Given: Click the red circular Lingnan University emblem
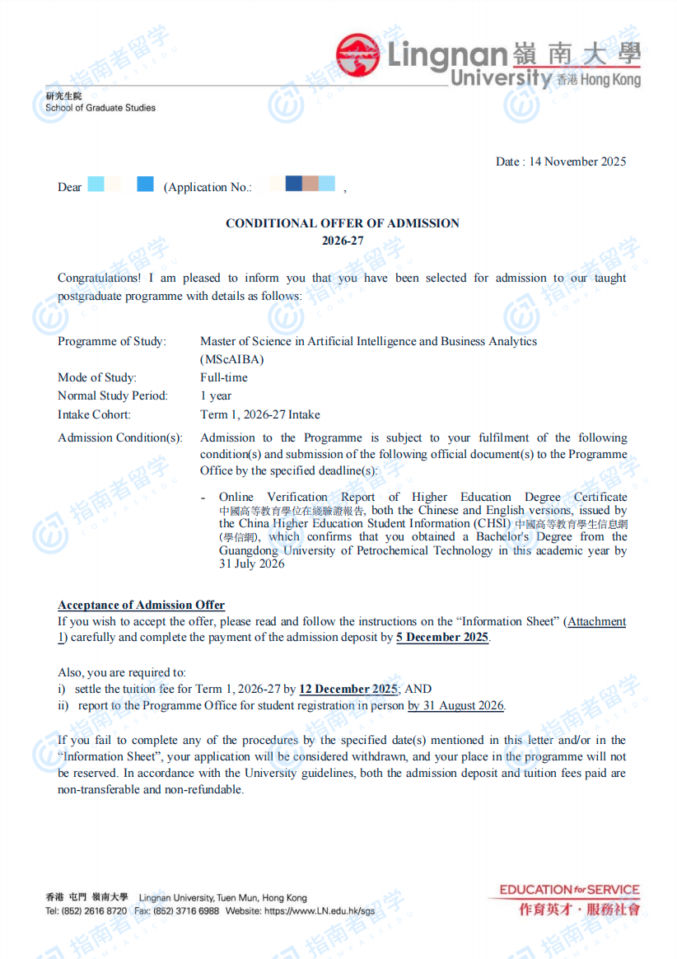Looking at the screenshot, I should [x=357, y=55].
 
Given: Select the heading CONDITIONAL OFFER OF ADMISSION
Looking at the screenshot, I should [x=343, y=223].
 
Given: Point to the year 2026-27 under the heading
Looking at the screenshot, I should [x=343, y=241].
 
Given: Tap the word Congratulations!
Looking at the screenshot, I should [x=99, y=278].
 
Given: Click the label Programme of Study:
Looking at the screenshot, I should [x=112, y=342].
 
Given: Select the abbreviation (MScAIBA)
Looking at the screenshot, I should [x=232, y=359].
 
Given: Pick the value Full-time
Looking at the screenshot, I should [x=224, y=377].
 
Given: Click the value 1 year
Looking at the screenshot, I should [x=216, y=396].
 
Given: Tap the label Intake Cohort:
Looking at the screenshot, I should [x=94, y=414].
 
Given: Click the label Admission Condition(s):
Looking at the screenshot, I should [x=120, y=437].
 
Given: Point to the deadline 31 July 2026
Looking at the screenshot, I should [x=252, y=564].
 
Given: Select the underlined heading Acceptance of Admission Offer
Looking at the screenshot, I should [x=141, y=606].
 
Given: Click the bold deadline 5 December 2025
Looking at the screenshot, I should [x=442, y=638].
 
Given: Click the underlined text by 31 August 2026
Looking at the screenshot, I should [x=456, y=705].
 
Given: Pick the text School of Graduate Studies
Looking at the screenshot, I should [x=100, y=108].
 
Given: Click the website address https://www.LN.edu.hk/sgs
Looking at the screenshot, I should [x=316, y=911].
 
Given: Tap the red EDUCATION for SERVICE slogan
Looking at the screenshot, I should [x=569, y=890].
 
